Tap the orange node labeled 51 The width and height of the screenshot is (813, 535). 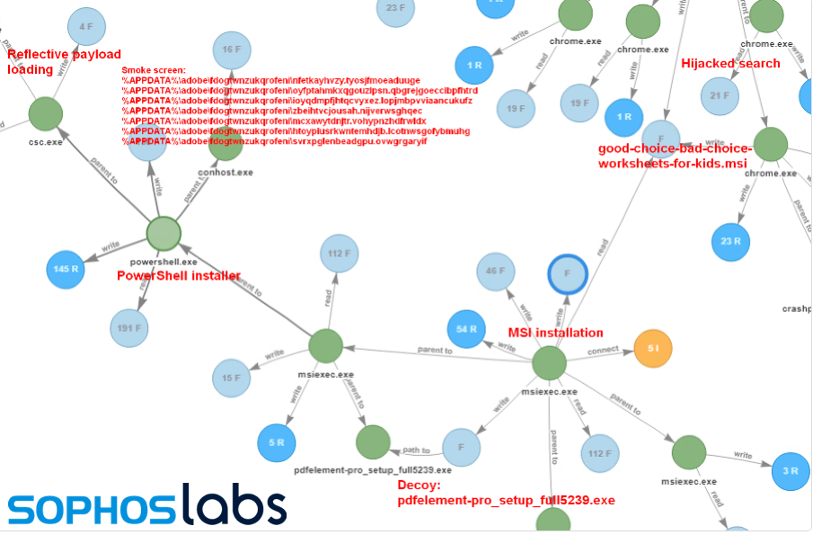point(655,348)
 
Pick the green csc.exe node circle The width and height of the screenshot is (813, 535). point(45,114)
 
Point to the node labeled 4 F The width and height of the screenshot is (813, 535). point(86,27)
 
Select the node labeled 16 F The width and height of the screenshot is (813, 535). point(232,49)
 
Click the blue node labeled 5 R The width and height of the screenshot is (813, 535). point(277,441)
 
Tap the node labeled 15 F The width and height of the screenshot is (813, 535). point(231,378)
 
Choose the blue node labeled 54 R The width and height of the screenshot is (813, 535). point(466,329)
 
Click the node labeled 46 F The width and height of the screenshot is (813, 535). point(495,271)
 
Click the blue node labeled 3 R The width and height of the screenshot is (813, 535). point(791,470)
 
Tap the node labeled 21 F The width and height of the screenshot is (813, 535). point(719,95)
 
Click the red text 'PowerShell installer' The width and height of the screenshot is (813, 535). point(179,276)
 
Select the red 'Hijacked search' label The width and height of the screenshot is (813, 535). point(730,64)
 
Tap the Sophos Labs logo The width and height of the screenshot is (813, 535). point(148,506)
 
